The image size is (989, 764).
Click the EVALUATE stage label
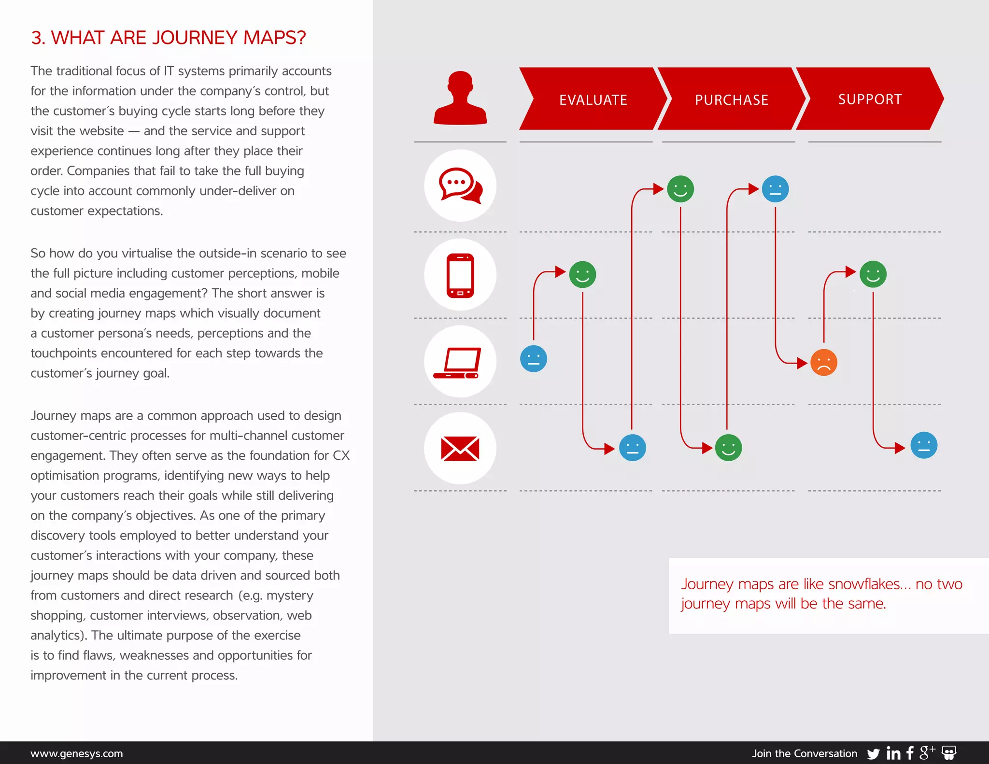click(593, 99)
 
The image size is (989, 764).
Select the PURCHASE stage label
click(731, 99)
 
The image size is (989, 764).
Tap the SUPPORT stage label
click(870, 99)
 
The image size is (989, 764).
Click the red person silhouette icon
click(460, 99)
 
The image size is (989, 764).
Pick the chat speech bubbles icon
click(460, 185)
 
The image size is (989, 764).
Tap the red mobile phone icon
click(460, 275)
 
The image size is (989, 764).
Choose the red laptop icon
click(457, 363)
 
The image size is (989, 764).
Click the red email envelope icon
click(460, 448)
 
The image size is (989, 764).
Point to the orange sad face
click(823, 362)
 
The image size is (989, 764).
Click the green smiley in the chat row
click(680, 189)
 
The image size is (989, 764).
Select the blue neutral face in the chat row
click(775, 189)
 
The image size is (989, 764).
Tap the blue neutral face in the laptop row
click(533, 359)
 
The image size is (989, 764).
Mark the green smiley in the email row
click(728, 448)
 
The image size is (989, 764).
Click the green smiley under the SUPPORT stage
click(873, 274)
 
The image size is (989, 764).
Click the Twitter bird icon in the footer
click(873, 754)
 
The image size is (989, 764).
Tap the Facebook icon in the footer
click(910, 753)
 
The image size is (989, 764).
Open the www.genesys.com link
click(76, 753)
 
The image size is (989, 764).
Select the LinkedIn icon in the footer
click(893, 753)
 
